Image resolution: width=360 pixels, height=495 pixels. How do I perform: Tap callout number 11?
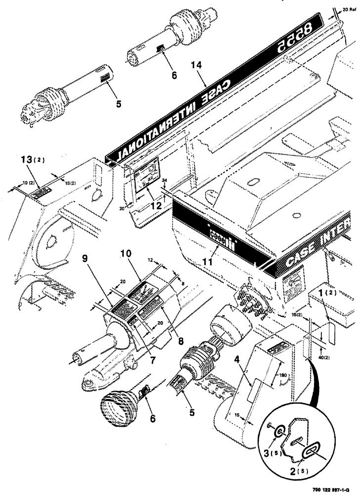207,257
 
